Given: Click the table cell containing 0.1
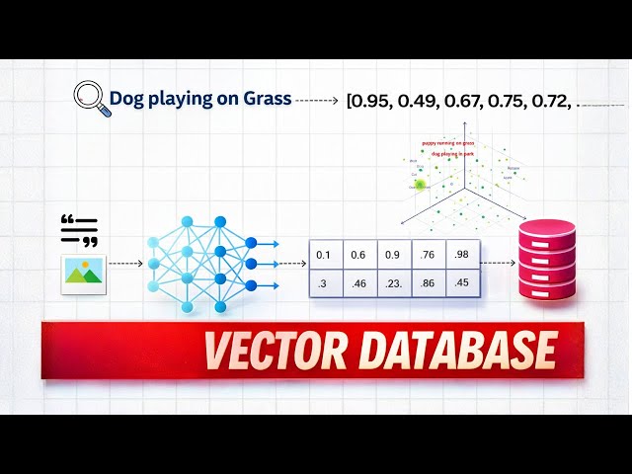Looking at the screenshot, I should [x=324, y=255].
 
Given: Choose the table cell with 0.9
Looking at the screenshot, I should [x=393, y=255].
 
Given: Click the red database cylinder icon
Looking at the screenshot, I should [x=547, y=260].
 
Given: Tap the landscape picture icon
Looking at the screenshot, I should [x=84, y=269].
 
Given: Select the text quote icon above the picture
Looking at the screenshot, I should [x=80, y=230].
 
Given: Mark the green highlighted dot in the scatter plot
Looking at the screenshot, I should [x=420, y=184].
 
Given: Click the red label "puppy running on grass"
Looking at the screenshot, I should [x=447, y=142].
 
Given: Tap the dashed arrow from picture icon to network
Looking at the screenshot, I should [x=127, y=265].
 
